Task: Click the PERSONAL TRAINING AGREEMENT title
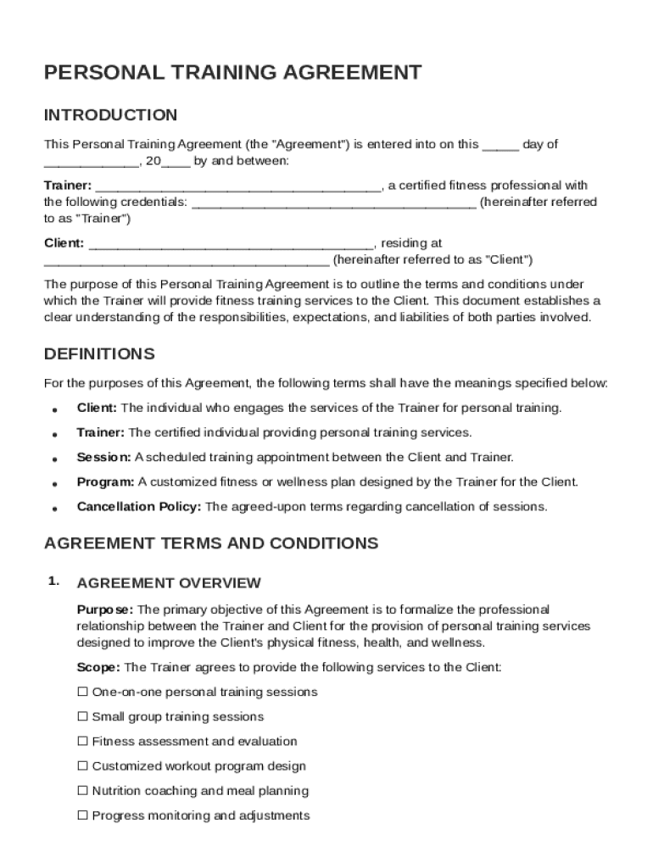[232, 73]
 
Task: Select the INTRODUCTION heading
[110, 115]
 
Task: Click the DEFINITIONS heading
[99, 353]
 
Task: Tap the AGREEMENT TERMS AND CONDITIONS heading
[211, 542]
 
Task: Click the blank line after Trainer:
[238, 186]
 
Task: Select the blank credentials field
[333, 203]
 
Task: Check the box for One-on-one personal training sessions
[82, 692]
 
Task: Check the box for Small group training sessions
[82, 716]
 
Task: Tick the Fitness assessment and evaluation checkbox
[82, 741]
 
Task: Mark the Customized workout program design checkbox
[82, 765]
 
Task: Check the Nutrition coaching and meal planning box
[82, 790]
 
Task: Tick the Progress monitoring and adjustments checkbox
[82, 815]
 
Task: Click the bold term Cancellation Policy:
[139, 507]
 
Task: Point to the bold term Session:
[103, 458]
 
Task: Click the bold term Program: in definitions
[105, 482]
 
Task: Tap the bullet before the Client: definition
[53, 409]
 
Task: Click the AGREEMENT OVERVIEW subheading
[169, 583]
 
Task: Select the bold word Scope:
[99, 667]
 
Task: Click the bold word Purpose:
[105, 609]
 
